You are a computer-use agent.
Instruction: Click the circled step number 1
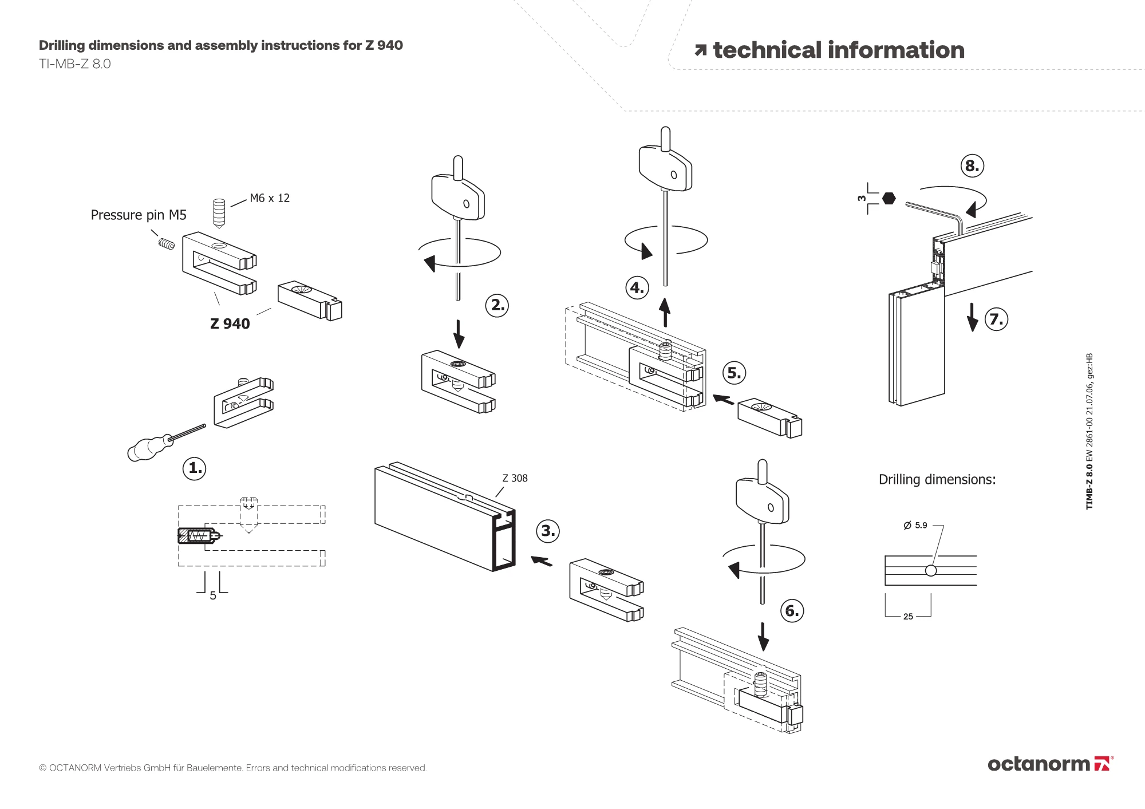click(x=195, y=468)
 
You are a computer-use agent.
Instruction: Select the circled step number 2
click(x=497, y=305)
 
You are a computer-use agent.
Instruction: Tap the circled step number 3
click(x=548, y=531)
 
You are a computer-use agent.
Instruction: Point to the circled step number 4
click(x=637, y=287)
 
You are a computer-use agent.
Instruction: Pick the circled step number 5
click(x=734, y=373)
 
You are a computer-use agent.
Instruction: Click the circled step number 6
click(x=792, y=611)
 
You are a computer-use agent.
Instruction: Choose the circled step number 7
click(x=997, y=319)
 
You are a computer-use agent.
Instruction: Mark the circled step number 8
click(x=972, y=166)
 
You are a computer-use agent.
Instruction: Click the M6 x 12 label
click(x=270, y=198)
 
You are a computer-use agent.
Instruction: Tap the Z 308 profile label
click(x=515, y=478)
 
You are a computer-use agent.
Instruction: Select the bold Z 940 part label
click(x=230, y=323)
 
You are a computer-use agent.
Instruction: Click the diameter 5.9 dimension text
click(x=915, y=525)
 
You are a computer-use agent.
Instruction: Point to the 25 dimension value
click(x=908, y=617)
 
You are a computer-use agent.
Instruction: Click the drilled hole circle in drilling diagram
click(x=931, y=570)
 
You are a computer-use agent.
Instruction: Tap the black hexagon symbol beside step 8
click(x=889, y=198)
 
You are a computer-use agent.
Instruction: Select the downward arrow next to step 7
click(x=972, y=318)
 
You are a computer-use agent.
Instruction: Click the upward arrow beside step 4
click(x=665, y=311)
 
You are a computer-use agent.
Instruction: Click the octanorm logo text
click(x=1039, y=764)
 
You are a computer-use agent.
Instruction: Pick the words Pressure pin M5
click(x=139, y=215)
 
